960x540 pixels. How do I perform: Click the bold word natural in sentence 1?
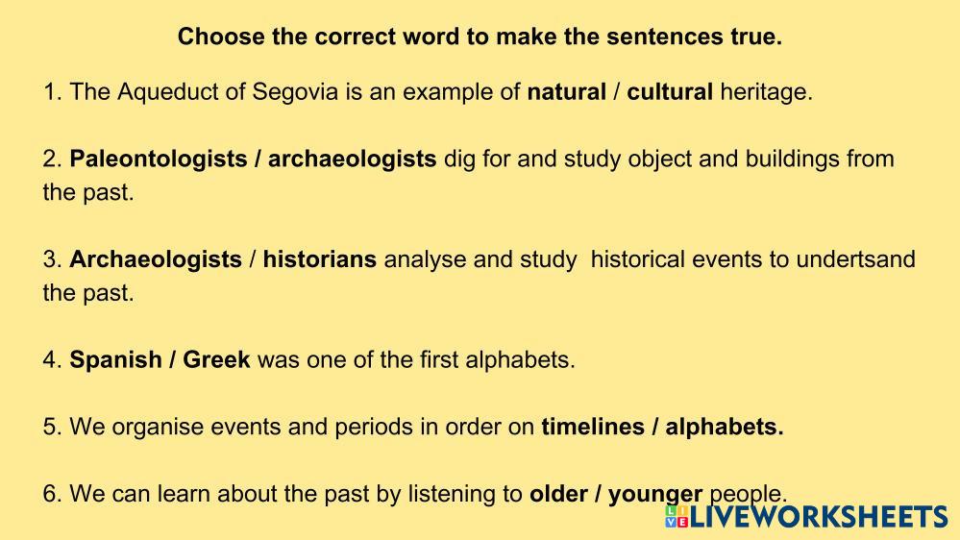[x=566, y=92]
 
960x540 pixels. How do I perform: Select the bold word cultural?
[x=670, y=92]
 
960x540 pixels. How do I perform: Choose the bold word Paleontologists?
[x=159, y=160]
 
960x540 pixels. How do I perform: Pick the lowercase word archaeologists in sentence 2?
[x=352, y=160]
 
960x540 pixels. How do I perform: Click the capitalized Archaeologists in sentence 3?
[x=156, y=259]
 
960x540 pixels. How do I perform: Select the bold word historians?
[x=320, y=259]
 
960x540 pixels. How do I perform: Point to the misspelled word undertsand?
[x=855, y=259]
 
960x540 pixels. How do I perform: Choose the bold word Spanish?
[x=115, y=360]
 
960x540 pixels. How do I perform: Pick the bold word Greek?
[x=217, y=360]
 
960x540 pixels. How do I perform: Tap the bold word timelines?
[x=593, y=427]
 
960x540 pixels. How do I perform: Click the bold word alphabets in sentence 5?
[x=725, y=427]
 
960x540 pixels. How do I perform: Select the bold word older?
[x=558, y=494]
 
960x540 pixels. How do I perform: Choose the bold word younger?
[x=655, y=495]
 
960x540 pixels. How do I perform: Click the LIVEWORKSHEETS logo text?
[x=819, y=517]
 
